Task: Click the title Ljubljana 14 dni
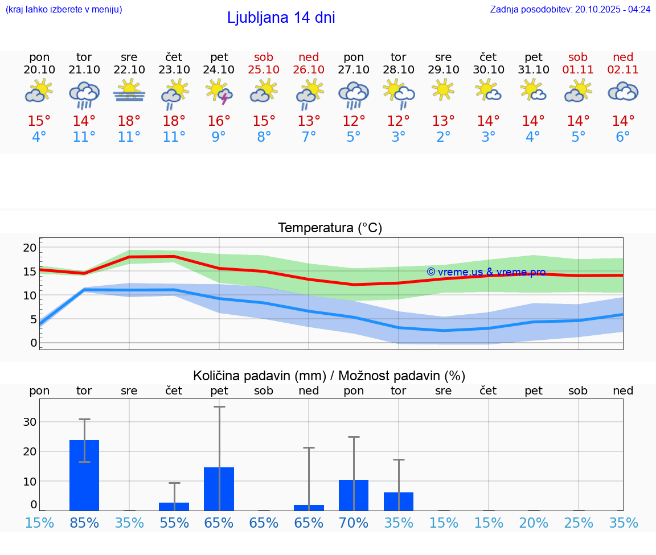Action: pos(281,18)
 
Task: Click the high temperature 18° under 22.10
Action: pos(129,121)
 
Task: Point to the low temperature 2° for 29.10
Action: pos(443,137)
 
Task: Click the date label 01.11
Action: pos(578,70)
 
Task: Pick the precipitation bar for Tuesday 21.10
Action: pos(84,475)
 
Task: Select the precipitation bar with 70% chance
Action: pos(354,495)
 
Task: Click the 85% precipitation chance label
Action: pos(84,523)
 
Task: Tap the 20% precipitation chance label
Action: pos(534,523)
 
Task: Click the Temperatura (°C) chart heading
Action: pos(330,228)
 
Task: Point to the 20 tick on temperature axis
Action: pos(30,248)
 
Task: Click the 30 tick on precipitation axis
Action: pos(30,422)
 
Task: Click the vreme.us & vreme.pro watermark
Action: pos(486,272)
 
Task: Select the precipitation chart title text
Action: pos(329,376)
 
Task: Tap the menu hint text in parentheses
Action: pos(64,9)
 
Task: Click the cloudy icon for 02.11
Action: pos(623,92)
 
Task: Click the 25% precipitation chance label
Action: pos(578,523)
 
